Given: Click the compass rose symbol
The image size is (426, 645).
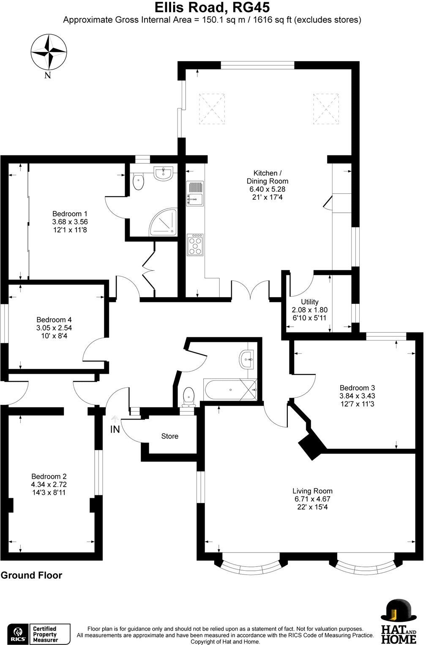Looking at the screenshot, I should point(49,52).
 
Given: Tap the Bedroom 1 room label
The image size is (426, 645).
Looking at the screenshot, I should point(70,214).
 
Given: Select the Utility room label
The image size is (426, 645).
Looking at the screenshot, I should point(309,302).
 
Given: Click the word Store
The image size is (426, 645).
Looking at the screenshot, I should point(169,436).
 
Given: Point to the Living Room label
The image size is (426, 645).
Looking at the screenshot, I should point(312,491).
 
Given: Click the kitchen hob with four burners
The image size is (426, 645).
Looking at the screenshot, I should point(195,244).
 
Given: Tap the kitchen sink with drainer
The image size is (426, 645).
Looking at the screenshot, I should point(195,193).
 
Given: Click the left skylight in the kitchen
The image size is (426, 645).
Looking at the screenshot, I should point(212,109).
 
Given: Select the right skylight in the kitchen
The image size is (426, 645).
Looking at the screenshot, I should point(326,109).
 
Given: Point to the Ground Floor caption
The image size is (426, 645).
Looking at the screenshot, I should point(32,575).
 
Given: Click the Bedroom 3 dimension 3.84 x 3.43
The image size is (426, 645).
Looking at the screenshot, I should point(357,396).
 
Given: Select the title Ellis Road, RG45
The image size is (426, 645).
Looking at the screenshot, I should point(212,8).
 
